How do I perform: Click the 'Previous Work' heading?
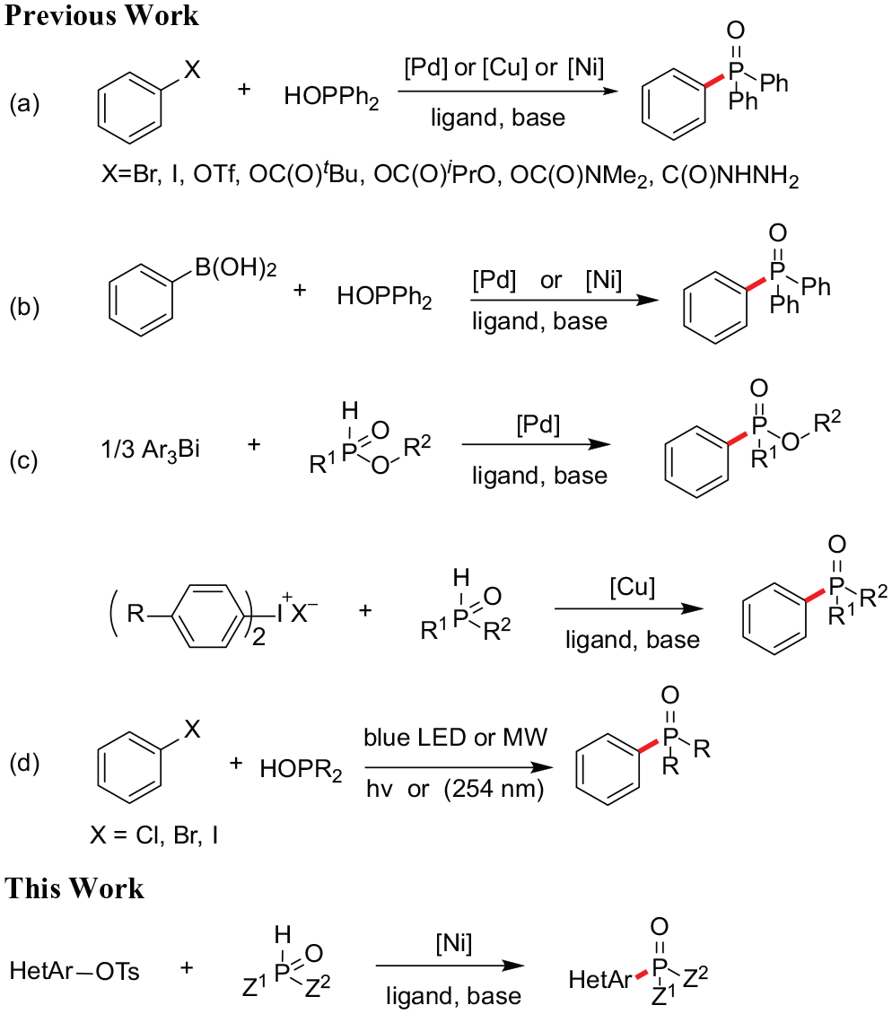101,15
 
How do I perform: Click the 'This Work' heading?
74,888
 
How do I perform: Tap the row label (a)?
24,103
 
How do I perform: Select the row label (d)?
24,763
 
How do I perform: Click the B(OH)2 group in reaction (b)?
236,267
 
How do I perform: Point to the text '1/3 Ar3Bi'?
150,449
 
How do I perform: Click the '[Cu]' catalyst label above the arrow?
632,587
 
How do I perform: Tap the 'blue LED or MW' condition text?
455,738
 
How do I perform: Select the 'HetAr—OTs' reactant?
74,971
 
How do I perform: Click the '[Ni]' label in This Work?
453,943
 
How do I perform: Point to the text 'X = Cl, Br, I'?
154,835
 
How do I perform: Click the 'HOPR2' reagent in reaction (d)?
301,770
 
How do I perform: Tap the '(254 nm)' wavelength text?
494,788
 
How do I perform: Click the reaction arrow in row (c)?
537,444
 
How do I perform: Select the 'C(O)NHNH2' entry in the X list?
730,176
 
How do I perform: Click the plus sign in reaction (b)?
300,291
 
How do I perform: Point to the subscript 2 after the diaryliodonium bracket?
258,638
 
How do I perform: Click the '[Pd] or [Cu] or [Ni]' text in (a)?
504,67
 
